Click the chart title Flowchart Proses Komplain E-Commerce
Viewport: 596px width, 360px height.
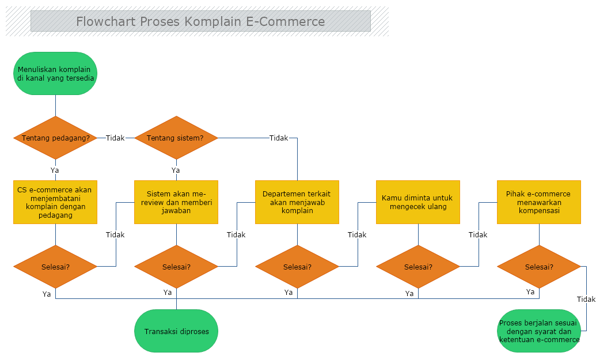[x=200, y=21]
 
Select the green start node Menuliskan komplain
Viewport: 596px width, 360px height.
[x=55, y=73]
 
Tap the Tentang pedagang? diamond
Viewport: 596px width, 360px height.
[x=55, y=138]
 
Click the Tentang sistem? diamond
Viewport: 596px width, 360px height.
[x=176, y=138]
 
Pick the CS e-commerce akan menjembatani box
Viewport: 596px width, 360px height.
[x=55, y=202]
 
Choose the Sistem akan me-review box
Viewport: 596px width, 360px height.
[x=176, y=202]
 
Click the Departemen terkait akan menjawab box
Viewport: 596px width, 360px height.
[x=297, y=202]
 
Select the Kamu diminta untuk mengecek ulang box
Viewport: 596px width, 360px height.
[x=418, y=202]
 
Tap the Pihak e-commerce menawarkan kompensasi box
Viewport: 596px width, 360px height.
[x=539, y=202]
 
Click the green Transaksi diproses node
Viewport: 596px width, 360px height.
[x=176, y=331]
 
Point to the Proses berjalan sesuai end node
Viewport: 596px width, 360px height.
[x=539, y=331]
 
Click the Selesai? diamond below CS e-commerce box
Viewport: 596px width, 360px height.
[x=55, y=267]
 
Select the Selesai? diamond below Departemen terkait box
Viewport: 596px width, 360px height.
[x=297, y=267]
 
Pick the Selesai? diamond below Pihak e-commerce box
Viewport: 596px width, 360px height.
[x=539, y=267]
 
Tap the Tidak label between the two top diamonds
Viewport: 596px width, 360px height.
[x=115, y=138]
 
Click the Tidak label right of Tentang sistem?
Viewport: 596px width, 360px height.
[x=279, y=138]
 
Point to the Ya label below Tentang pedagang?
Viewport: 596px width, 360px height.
[x=55, y=170]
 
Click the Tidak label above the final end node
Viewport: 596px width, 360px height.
[x=586, y=299]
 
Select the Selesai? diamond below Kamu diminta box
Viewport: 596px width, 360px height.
[x=418, y=267]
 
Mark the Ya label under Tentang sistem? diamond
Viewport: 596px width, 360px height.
[x=176, y=170]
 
